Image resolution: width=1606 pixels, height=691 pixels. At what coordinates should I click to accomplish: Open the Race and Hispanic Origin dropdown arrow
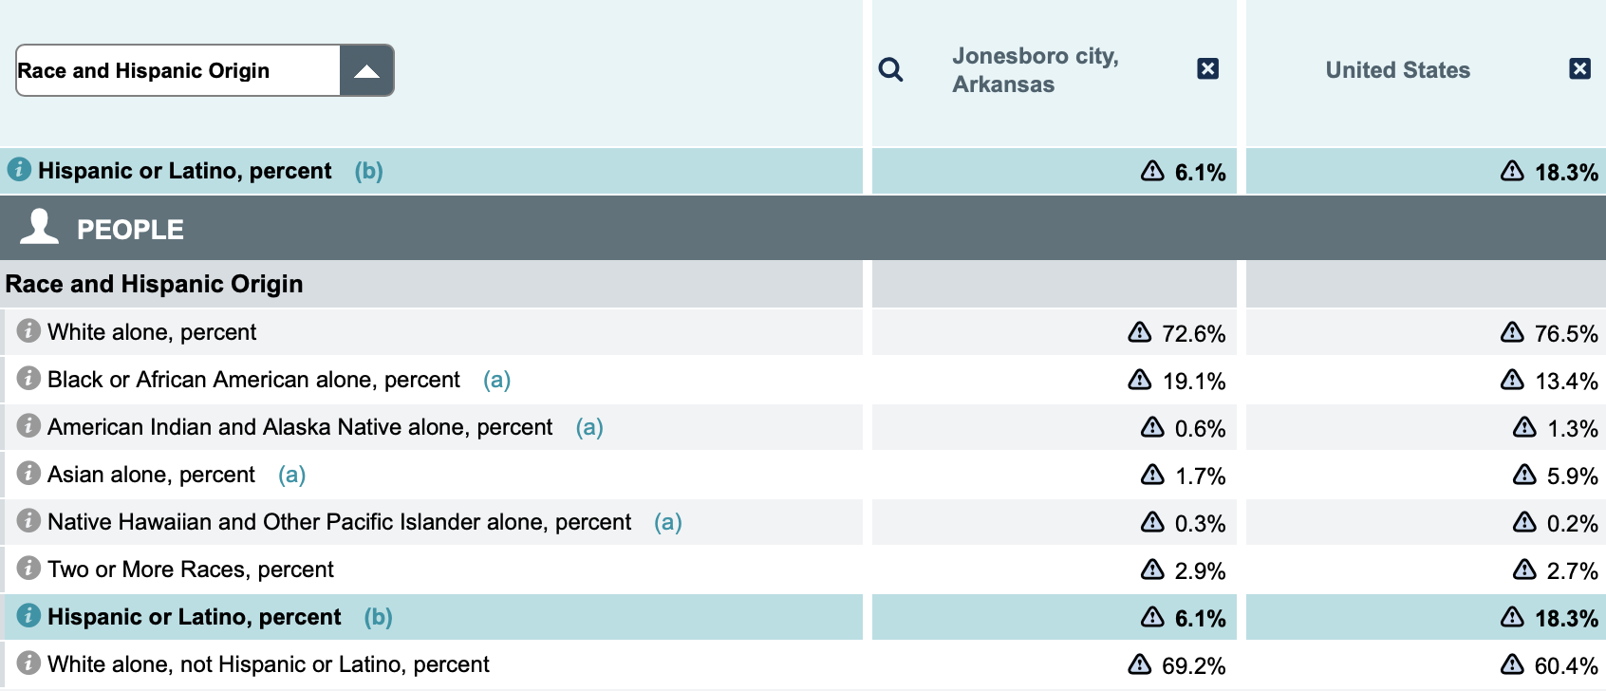366,71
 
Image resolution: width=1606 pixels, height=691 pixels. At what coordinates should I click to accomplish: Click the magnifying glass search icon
890,69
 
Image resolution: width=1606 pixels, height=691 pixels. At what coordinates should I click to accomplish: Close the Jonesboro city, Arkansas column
1207,68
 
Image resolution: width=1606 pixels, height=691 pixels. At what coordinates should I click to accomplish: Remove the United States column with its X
1579,68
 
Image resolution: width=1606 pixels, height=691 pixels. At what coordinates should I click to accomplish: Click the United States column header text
1397,70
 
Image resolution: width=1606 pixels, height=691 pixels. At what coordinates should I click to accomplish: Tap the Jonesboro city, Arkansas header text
1035,70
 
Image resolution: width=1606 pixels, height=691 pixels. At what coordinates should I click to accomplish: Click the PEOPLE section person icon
40,228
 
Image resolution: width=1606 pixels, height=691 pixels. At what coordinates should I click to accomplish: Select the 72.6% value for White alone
1193,334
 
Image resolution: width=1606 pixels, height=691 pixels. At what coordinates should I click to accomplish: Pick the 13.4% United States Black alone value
1566,382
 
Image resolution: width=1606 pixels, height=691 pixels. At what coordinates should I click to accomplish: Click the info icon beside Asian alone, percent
28,473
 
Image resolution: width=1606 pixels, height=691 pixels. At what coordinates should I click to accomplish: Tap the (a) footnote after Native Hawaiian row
667,522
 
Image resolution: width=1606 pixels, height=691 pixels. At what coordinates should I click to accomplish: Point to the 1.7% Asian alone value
1200,476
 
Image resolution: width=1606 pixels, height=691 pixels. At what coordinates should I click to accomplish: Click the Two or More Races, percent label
191,570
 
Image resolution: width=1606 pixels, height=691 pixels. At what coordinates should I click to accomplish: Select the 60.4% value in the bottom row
1566,666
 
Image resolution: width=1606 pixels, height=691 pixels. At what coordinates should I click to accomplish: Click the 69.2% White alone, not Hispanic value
1193,666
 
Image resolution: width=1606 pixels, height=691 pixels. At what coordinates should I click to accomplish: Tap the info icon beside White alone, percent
28,330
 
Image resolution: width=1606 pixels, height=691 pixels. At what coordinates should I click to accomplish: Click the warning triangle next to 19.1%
1139,380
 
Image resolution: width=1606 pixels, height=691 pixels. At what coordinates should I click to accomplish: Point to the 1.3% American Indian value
1572,429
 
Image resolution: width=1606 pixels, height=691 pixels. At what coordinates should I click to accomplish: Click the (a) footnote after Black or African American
496,380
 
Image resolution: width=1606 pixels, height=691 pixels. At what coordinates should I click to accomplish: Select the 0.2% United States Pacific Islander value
1572,524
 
